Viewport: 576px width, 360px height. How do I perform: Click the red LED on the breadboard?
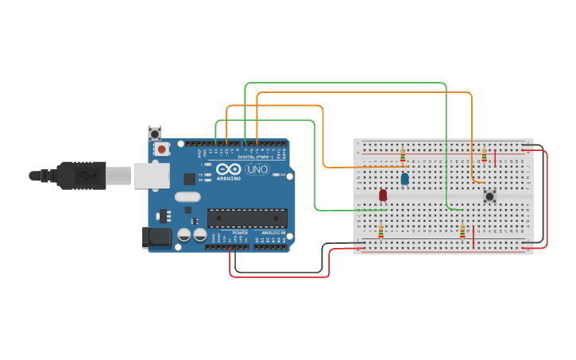[x=383, y=195]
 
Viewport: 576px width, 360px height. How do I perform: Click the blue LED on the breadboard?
[x=405, y=180]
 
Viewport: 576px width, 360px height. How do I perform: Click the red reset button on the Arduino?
[x=162, y=149]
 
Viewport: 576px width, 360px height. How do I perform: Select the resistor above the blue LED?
[x=403, y=154]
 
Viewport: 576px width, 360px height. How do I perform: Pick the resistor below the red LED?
[x=381, y=231]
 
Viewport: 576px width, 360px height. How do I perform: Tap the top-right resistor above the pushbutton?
[x=485, y=155]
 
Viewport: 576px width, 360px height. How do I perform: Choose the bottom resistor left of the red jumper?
[x=462, y=231]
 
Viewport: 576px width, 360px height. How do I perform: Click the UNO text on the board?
[x=257, y=169]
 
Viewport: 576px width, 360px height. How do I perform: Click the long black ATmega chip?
[x=247, y=218]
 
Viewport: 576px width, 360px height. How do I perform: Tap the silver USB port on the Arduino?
[x=151, y=176]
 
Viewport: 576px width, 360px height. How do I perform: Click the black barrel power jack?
[x=156, y=236]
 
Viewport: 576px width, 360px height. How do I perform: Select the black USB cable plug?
[x=79, y=175]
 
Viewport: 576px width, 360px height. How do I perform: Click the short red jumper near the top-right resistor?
[x=496, y=157]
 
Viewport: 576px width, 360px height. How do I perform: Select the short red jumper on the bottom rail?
[x=474, y=237]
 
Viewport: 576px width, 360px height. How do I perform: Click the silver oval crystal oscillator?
[x=188, y=197]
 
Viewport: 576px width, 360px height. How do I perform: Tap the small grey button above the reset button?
[x=155, y=133]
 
